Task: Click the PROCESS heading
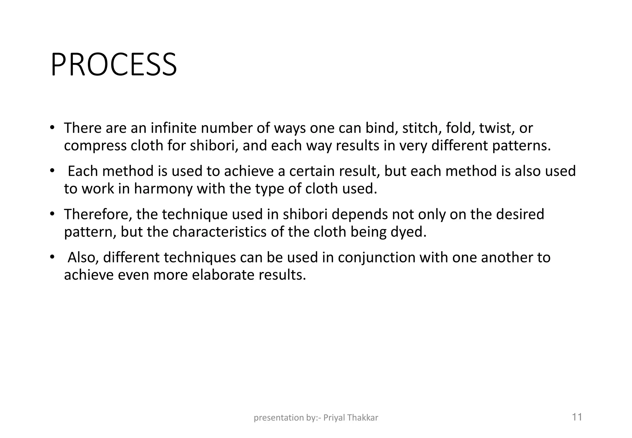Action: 114,65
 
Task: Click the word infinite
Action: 173,128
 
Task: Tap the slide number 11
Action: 577,417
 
